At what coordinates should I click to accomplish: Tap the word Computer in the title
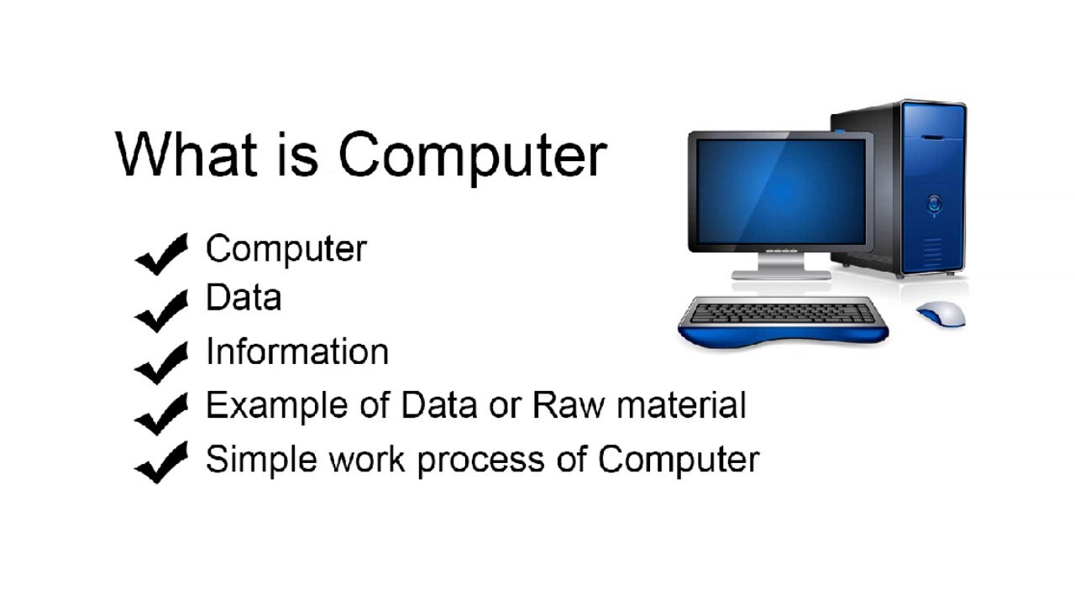click(472, 157)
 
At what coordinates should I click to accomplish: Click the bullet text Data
click(244, 298)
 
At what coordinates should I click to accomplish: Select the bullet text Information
click(297, 351)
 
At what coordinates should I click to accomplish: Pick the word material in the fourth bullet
click(681, 405)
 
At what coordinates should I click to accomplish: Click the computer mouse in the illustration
click(941, 314)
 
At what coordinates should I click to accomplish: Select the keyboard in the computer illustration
click(781, 315)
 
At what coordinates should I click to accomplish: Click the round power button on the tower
click(934, 202)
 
